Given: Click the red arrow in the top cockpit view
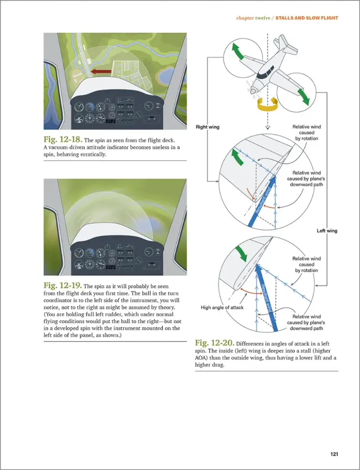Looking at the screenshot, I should coord(100,72).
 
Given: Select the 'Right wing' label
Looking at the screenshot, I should coord(208,127).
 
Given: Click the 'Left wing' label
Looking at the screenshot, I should coord(327,230).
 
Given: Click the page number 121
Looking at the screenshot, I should coord(334,454).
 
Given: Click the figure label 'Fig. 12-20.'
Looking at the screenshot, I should coord(215,343).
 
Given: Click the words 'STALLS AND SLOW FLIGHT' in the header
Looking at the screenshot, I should coord(307,18).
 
